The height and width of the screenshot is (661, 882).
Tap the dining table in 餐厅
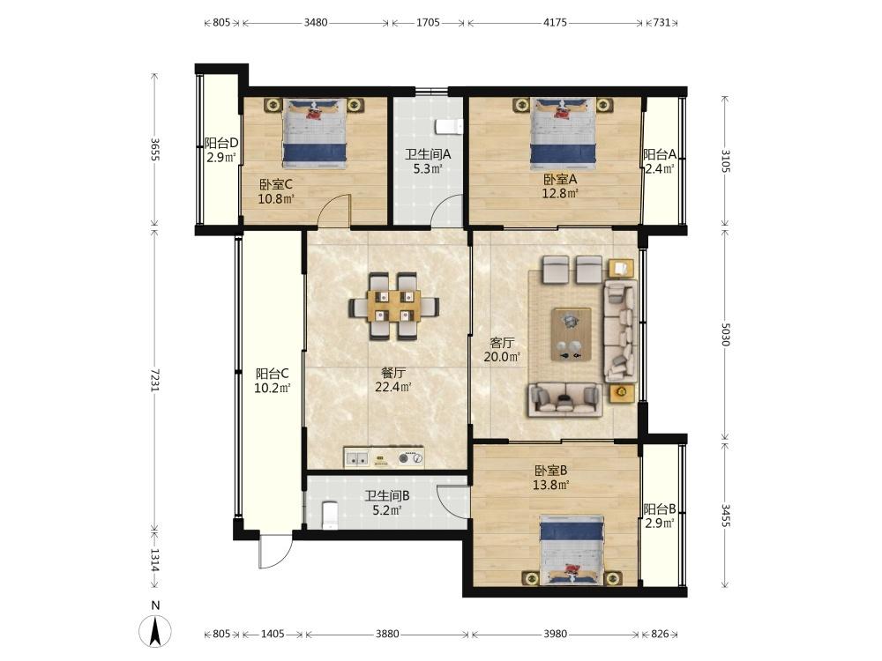[393, 307]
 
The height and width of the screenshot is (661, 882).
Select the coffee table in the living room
[572, 334]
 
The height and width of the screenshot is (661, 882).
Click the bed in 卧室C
[315, 133]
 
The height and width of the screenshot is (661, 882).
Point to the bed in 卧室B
[572, 550]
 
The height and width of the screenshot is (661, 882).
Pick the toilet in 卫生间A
[448, 127]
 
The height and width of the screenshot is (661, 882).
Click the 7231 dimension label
[155, 381]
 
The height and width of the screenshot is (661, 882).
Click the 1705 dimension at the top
[428, 23]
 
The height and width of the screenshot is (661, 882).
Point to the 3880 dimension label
[387, 634]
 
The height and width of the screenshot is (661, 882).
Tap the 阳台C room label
[273, 374]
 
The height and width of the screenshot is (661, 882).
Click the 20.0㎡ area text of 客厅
[502, 356]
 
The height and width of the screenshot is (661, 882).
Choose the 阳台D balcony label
[221, 144]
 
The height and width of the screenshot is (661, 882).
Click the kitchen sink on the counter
[356, 458]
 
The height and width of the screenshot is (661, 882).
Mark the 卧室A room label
[560, 179]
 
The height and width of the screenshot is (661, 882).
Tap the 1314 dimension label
[155, 561]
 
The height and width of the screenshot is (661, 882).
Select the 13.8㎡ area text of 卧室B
[551, 485]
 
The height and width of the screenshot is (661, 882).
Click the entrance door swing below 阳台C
[275, 551]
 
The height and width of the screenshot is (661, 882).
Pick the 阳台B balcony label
[660, 509]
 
